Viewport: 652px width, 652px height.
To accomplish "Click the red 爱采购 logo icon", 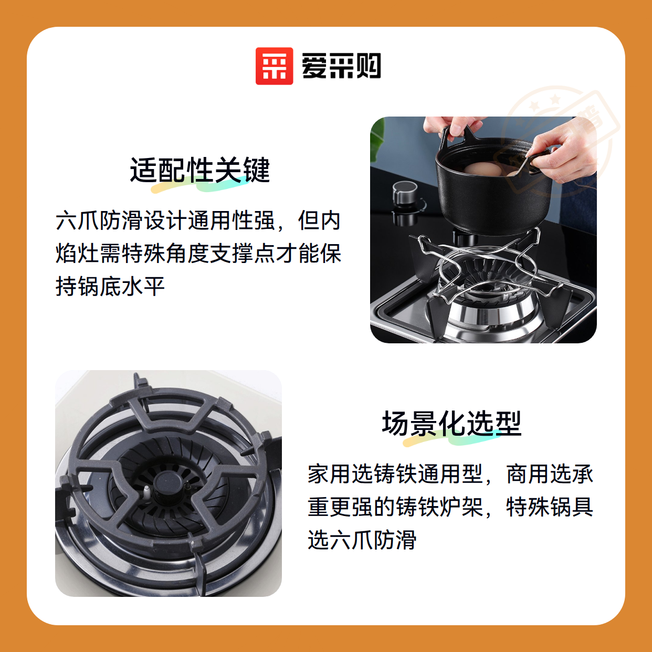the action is pos(274,66).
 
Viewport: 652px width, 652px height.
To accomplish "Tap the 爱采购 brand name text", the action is pos(341,66).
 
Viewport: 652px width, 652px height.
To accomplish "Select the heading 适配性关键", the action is pos(200,170).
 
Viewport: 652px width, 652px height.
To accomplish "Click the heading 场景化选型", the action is pos(451,423).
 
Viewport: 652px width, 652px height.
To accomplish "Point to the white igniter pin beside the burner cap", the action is pos(146,492).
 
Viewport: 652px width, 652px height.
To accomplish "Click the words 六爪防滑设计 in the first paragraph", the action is pos(121,220).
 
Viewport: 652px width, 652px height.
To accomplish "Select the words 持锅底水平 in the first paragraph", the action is pos(110,286).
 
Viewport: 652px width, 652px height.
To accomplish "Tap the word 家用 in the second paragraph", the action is pos(329,474).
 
